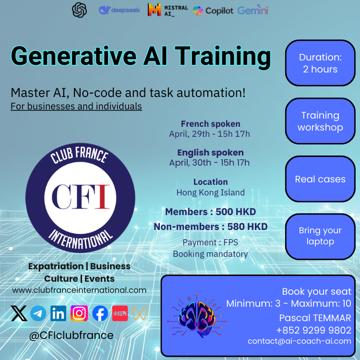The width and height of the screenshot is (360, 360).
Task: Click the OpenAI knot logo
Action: coord(79,10)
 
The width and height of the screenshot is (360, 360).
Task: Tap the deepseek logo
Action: coord(119,10)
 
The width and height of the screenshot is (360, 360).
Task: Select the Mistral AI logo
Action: coord(168,10)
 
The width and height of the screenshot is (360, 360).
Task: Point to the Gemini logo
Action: coord(253,10)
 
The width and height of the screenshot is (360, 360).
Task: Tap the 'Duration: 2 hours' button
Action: coord(320,63)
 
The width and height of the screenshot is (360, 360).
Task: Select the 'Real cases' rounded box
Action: coord(320,179)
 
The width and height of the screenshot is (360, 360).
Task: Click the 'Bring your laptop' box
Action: coord(320,237)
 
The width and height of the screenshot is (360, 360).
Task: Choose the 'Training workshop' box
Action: coord(320,121)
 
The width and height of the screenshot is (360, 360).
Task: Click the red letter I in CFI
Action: coord(102,197)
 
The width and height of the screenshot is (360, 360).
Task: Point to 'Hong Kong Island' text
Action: coord(211,192)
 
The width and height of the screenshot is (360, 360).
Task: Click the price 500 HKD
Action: coord(236,212)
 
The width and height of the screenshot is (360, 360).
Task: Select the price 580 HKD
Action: coord(247,227)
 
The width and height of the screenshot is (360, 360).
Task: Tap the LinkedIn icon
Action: coord(58,313)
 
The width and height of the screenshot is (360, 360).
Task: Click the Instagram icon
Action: coord(79,313)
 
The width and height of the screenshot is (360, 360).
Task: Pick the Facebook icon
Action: coord(100,313)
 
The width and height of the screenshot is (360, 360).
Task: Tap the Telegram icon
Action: coord(38,313)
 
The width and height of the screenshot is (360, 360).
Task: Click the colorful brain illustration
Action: coord(197,316)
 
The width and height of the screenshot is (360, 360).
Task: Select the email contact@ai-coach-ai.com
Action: coord(300,341)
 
